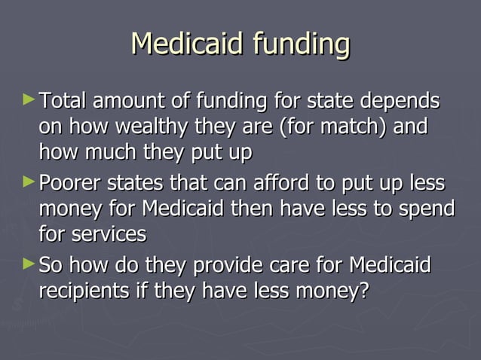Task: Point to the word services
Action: (109, 234)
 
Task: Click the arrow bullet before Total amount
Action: (29, 99)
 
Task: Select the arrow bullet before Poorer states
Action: (29, 182)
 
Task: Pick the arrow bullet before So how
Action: (29, 264)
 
